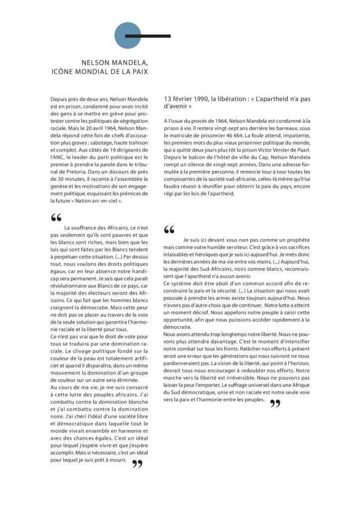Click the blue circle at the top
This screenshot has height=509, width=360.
click(128, 36)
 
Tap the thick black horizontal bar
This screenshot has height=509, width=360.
click(148, 36)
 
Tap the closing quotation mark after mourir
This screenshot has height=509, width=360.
click(137, 464)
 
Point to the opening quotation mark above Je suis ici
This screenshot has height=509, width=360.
click(169, 230)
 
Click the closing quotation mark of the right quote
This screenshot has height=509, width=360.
click(274, 404)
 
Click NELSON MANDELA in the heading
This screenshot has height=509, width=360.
click(115, 63)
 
